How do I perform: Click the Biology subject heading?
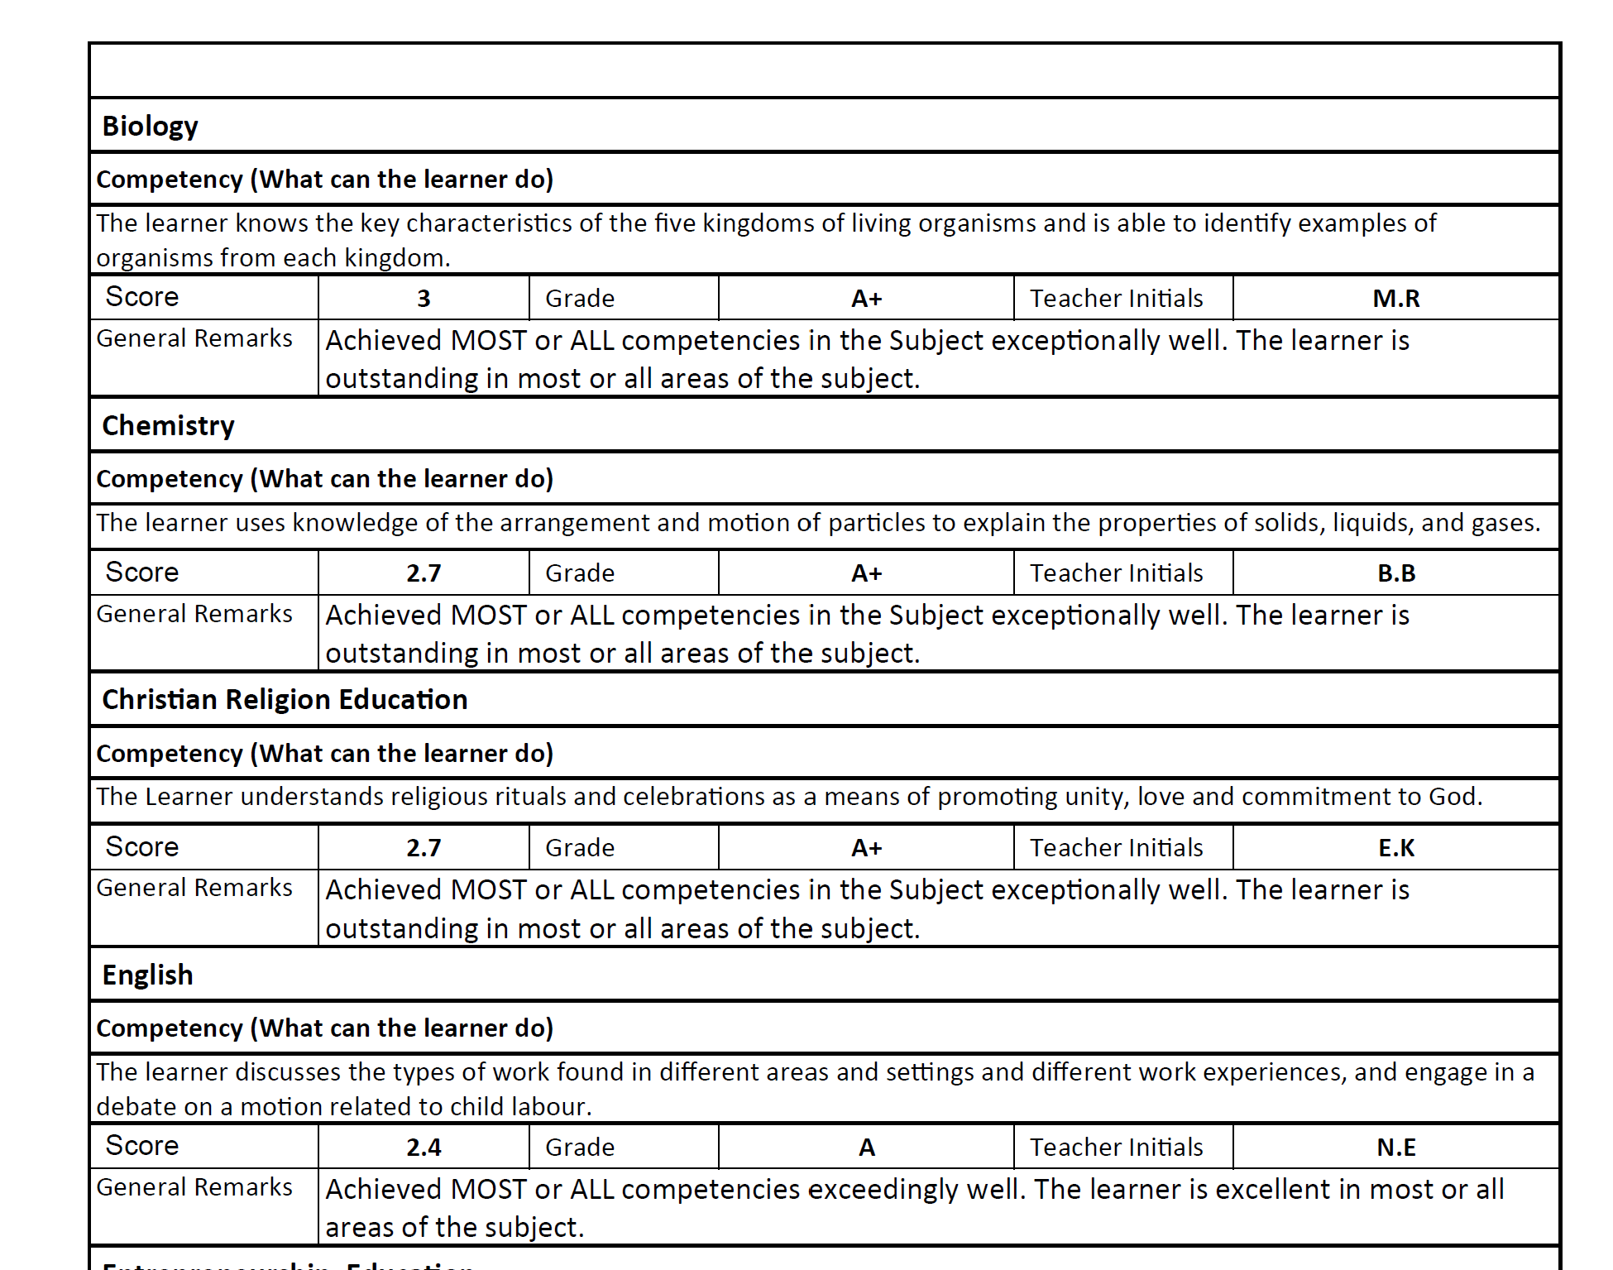click(150, 127)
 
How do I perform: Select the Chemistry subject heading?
click(168, 426)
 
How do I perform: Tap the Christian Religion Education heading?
click(285, 700)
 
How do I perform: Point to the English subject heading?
click(147, 975)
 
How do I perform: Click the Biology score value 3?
click(424, 299)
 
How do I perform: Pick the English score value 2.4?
click(424, 1148)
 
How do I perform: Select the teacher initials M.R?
click(1395, 299)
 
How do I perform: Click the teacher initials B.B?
click(1395, 573)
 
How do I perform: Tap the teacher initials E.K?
click(1395, 848)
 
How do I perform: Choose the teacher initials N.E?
click(1395, 1148)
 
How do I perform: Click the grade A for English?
click(866, 1148)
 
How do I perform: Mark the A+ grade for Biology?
click(866, 299)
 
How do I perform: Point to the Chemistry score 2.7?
click(424, 573)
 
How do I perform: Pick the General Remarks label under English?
click(194, 1187)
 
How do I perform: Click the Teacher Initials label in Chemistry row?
click(1116, 573)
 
